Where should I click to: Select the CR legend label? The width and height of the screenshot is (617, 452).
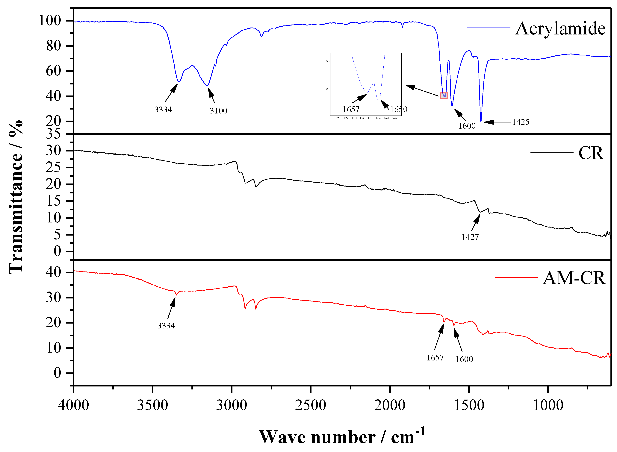click(591, 153)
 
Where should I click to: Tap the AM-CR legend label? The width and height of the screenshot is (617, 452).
click(574, 278)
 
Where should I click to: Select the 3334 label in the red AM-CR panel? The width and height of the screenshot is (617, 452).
click(166, 326)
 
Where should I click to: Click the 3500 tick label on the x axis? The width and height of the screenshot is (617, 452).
click(152, 405)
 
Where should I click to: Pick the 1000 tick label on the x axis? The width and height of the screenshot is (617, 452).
click(548, 405)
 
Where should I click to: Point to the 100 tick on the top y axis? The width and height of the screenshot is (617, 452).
click(50, 21)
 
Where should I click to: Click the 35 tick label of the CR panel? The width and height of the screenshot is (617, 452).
click(53, 134)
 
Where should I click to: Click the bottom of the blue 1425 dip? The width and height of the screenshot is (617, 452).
click(481, 121)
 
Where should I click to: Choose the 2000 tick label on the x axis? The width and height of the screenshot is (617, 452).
click(390, 405)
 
